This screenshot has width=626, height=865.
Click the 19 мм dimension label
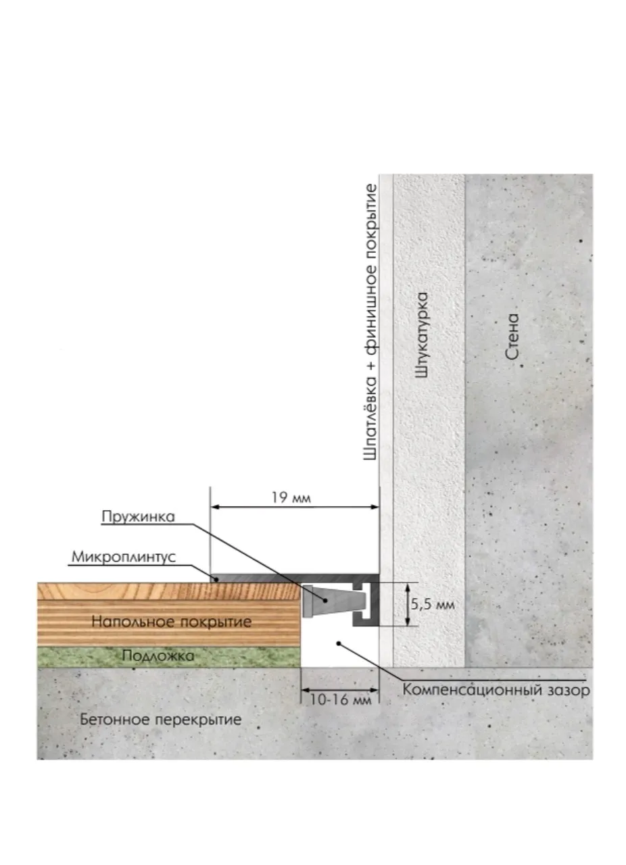(x=291, y=498)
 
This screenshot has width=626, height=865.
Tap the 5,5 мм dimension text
(x=433, y=604)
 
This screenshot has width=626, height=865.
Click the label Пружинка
(x=139, y=517)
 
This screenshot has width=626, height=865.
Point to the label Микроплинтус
(x=124, y=558)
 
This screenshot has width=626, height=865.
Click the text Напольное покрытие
(x=172, y=622)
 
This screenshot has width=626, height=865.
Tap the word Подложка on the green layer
(x=158, y=656)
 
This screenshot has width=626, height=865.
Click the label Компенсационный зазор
(x=496, y=690)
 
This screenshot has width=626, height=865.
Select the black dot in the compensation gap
(x=339, y=643)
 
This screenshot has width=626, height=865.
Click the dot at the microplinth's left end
(x=216, y=579)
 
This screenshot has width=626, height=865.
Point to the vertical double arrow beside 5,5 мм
(x=407, y=604)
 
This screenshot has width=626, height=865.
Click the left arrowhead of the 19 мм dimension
(x=215, y=507)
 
